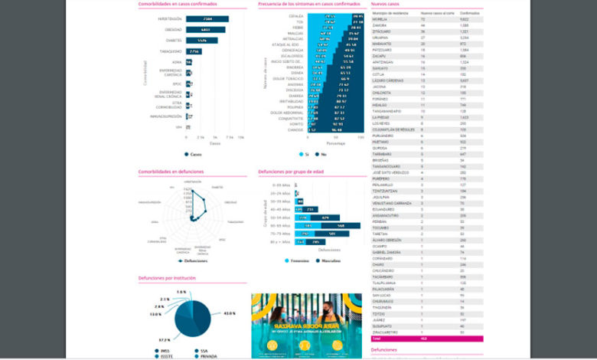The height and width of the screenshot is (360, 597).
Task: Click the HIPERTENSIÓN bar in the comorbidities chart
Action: click(207, 18)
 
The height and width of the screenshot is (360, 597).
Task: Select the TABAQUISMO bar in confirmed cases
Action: click(193, 51)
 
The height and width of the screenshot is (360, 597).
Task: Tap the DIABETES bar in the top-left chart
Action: click(201, 40)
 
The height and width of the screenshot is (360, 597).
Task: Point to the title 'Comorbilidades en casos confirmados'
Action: click(178, 5)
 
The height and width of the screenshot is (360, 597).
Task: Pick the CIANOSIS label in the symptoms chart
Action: click(295, 130)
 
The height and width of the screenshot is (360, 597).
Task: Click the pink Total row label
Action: click(376, 338)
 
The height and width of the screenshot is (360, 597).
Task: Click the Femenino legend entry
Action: click(299, 261)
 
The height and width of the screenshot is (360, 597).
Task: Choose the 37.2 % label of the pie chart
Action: click(165, 339)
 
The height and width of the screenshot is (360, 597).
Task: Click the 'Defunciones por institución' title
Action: click(167, 277)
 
